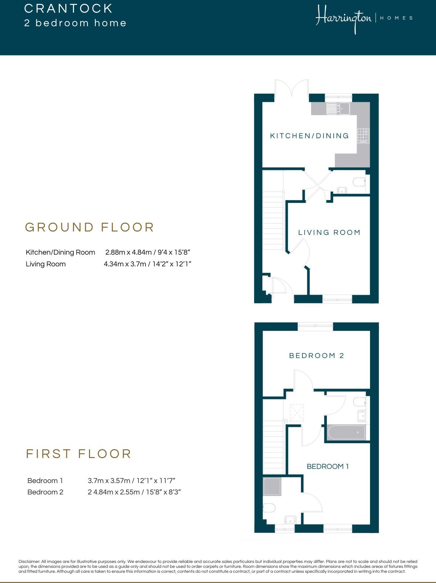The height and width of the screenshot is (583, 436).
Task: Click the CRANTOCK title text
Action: click(68, 9)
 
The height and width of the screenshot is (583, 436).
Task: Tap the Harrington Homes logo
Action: click(364, 19)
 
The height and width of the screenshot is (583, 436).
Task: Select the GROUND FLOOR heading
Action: click(89, 227)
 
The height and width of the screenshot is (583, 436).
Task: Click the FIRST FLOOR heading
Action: click(79, 454)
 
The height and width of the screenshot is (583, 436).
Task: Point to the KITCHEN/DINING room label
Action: click(309, 136)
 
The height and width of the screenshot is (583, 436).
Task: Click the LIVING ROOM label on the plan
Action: click(329, 232)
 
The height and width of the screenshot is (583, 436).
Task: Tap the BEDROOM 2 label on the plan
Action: click(316, 356)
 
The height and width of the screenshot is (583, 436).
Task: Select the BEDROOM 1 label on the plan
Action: click(327, 466)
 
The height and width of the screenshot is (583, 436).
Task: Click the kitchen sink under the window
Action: click(338, 108)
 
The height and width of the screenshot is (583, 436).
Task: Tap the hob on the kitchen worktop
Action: click(363, 136)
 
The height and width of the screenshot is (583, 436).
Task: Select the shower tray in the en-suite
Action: click(272, 487)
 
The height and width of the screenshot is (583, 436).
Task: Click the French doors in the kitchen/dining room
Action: click(292, 90)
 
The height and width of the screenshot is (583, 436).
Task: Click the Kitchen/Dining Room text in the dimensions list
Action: click(60, 252)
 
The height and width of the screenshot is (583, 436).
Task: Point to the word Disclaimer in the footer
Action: click(29, 561)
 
